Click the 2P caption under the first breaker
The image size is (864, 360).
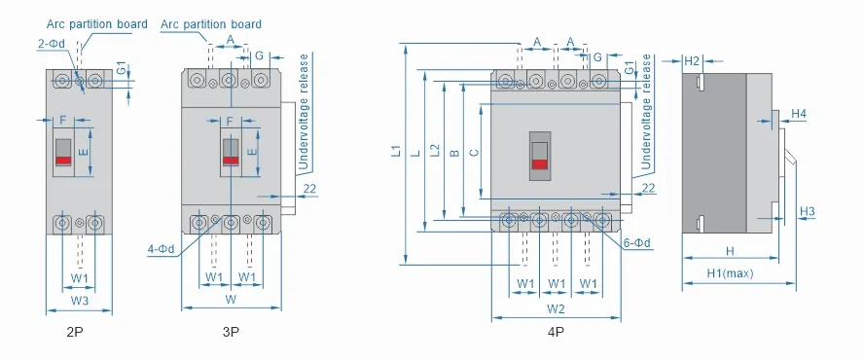(76, 332)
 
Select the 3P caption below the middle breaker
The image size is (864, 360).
(231, 332)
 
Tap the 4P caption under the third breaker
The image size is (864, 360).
(556, 332)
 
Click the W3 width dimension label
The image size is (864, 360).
(80, 301)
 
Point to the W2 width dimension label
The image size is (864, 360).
(556, 309)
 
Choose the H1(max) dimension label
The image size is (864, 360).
(730, 272)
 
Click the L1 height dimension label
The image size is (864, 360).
(396, 151)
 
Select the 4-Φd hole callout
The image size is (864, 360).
(161, 249)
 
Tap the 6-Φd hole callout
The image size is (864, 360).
(637, 243)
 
